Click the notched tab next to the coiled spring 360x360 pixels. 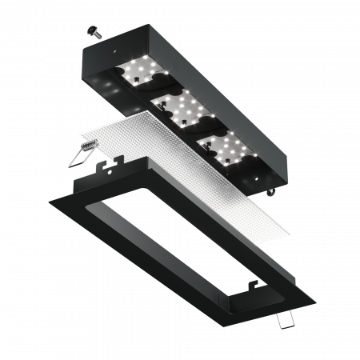click(108, 169)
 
